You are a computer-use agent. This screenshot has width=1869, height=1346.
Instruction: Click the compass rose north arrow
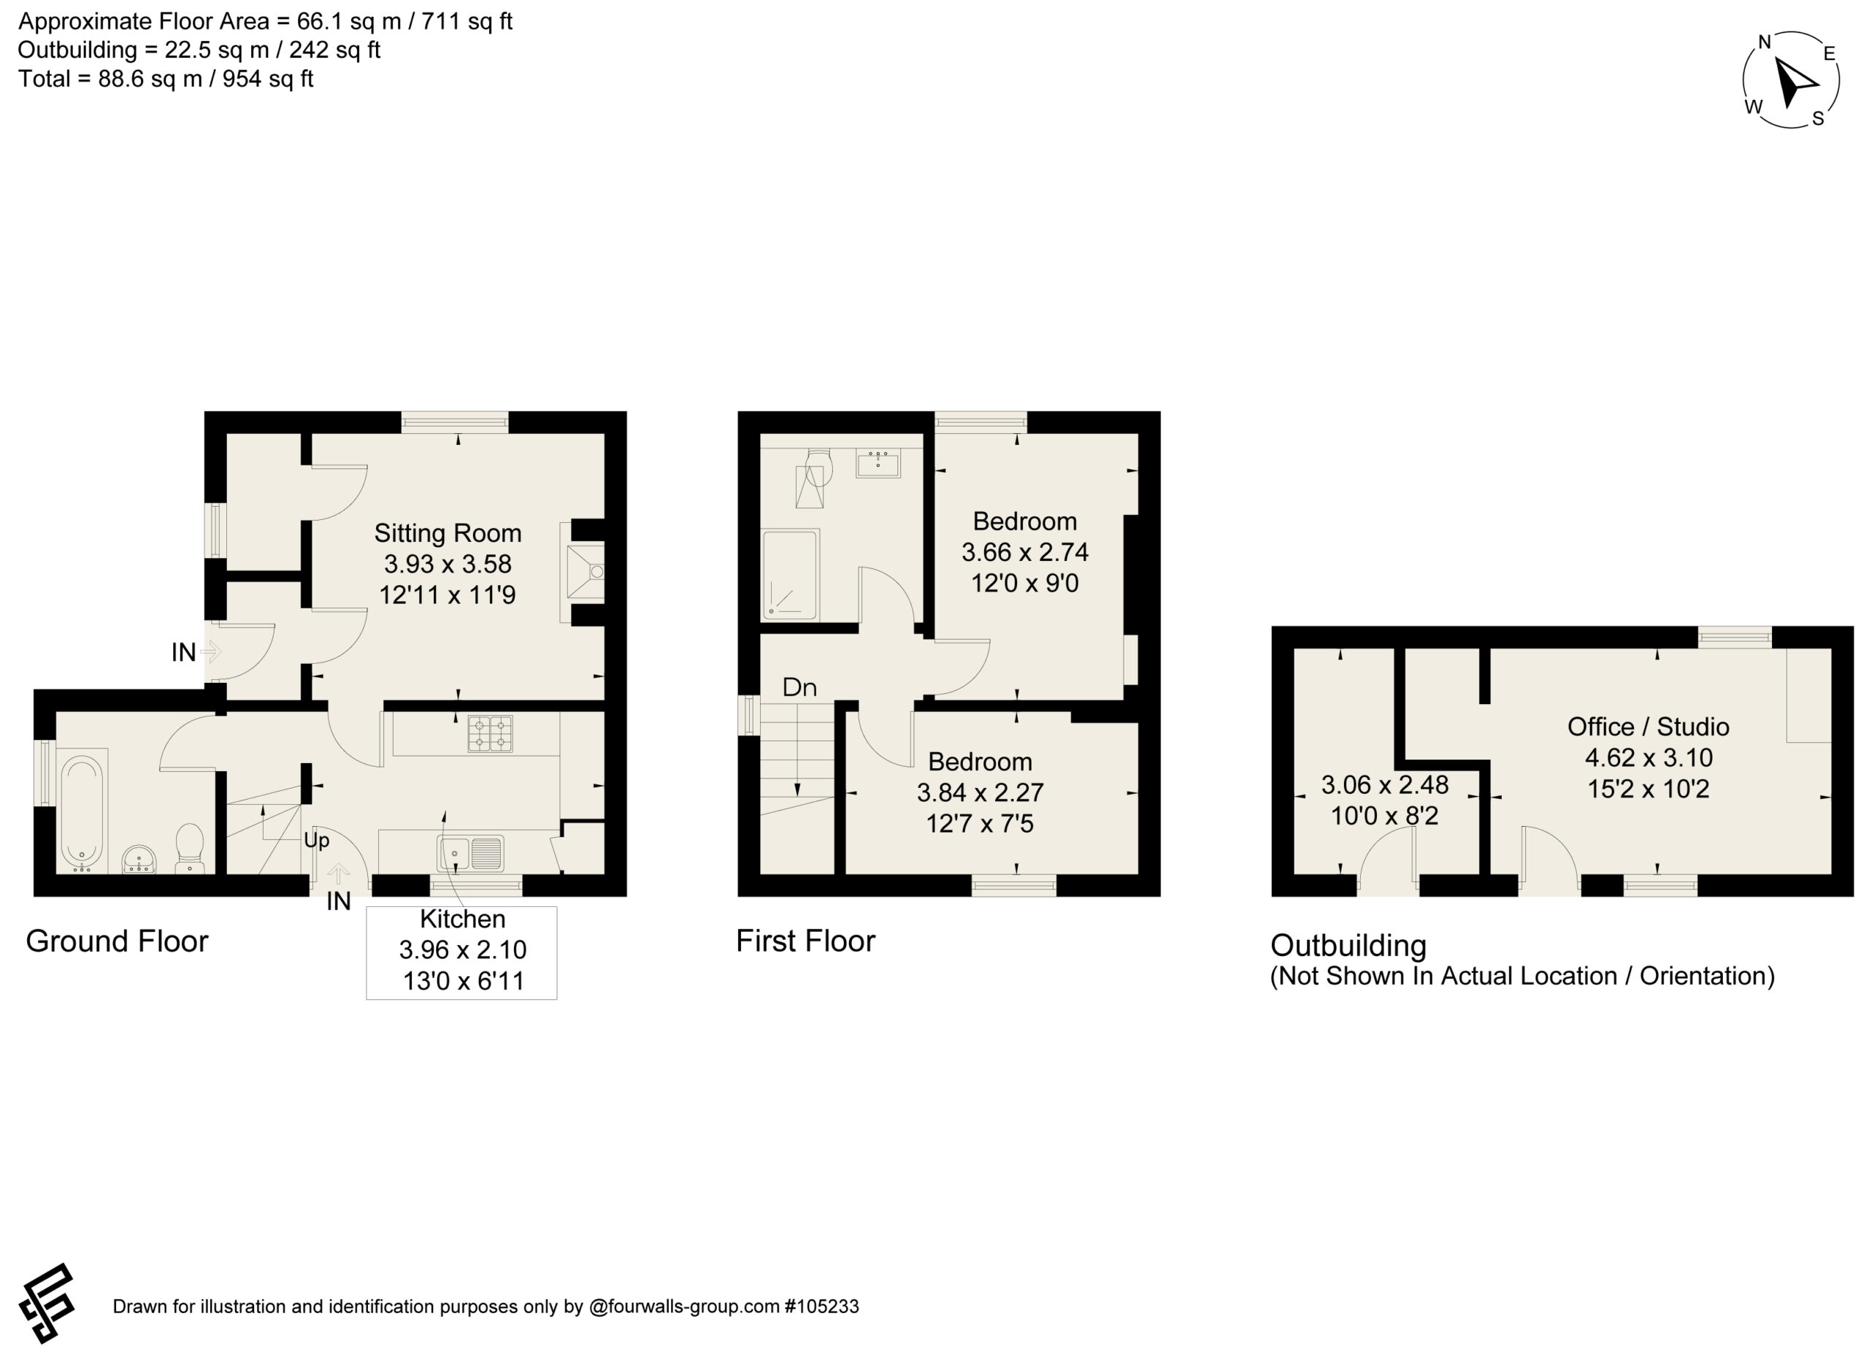[1794, 83]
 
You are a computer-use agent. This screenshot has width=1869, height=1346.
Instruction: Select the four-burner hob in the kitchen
[491, 733]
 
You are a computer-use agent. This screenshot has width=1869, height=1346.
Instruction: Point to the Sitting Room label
[448, 533]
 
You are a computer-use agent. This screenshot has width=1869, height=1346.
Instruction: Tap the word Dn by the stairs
[799, 687]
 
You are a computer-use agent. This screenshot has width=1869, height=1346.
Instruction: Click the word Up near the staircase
[316, 840]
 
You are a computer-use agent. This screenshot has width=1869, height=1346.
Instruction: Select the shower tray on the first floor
[790, 575]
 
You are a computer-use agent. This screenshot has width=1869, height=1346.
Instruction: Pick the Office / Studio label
[1648, 726]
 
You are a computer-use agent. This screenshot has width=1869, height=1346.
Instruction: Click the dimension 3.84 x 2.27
[980, 792]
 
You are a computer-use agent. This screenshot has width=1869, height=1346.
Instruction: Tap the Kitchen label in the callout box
[462, 918]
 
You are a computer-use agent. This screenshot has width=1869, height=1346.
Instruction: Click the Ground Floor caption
[117, 941]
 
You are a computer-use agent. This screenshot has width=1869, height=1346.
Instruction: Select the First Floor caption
[805, 941]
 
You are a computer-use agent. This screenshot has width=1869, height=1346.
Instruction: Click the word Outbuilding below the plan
[1348, 946]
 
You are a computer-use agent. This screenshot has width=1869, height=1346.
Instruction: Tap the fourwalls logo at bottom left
[47, 1303]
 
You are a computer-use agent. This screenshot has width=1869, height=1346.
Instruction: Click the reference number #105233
[821, 1307]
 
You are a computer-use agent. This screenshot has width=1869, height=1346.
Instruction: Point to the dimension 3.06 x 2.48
[1384, 784]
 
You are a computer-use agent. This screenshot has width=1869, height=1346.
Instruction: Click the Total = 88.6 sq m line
[166, 79]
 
